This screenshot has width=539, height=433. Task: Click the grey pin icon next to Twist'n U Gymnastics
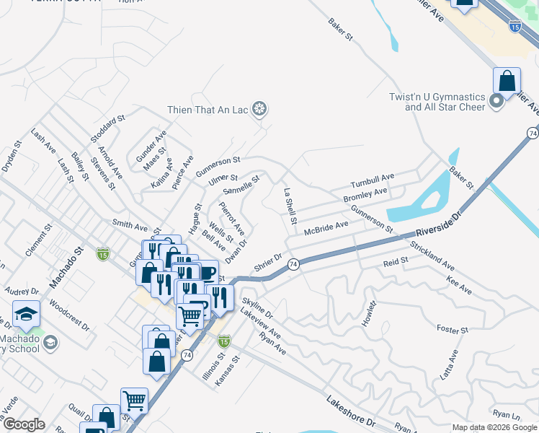pyautogui.click(x=496, y=102)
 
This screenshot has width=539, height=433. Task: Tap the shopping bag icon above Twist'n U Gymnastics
pyautogui.click(x=507, y=82)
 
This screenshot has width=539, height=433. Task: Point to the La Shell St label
pyautogui.click(x=290, y=206)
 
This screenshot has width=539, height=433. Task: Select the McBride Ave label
pyautogui.click(x=326, y=228)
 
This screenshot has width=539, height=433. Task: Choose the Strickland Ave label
pyautogui.click(x=432, y=255)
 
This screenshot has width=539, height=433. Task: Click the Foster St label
pyautogui.click(x=453, y=330)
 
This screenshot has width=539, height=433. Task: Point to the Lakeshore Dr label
pyautogui.click(x=351, y=411)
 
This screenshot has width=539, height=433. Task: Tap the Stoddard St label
pyautogui.click(x=107, y=127)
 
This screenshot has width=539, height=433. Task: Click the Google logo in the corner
pyautogui.click(x=24, y=424)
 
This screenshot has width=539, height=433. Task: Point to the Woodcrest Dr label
pyautogui.click(x=70, y=315)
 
